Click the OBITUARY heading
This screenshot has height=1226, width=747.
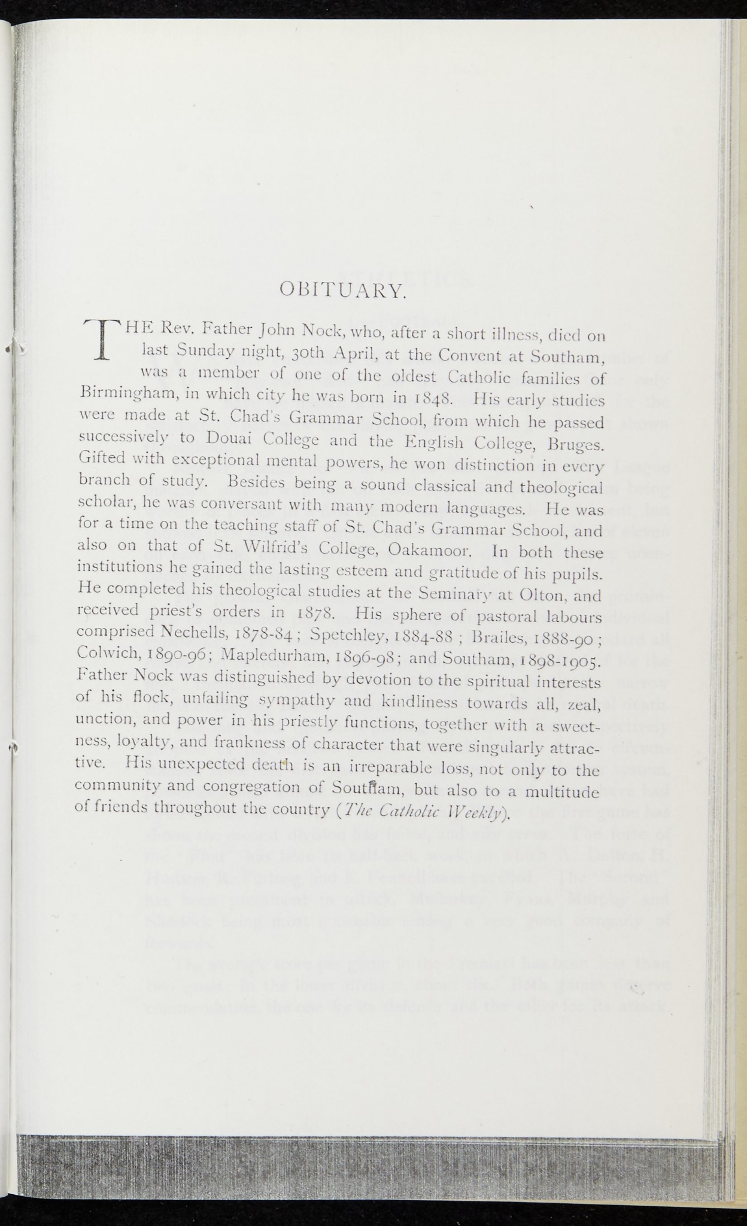pyautogui.click(x=344, y=292)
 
